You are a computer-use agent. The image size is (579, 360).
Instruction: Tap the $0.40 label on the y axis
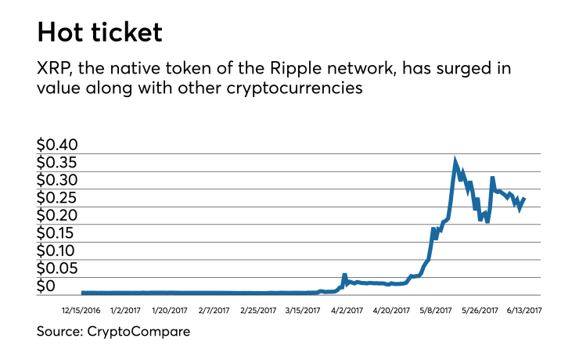coord(58,146)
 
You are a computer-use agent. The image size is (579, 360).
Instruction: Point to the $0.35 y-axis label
coord(58,163)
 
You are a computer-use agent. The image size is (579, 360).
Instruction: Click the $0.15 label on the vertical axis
coord(58,233)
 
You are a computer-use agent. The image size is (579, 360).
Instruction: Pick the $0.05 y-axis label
coord(58,268)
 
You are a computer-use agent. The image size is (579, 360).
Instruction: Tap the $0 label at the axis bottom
coord(47,286)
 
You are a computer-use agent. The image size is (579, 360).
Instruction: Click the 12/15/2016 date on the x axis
coord(81,311)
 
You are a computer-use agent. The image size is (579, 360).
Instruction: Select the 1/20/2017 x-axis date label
coord(169,311)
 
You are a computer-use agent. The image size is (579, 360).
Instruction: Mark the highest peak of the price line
coord(455,160)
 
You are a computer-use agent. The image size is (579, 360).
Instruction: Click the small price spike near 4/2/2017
coord(345,275)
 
